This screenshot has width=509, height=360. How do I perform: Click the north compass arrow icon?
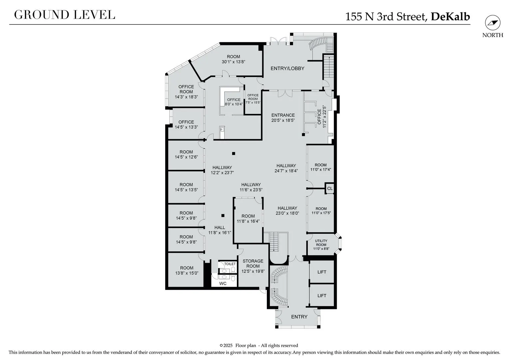[x=493, y=23]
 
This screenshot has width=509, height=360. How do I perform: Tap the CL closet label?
[x=330, y=189]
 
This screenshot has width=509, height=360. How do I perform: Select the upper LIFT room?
[x=322, y=272]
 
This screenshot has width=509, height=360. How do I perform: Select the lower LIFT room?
[x=322, y=295]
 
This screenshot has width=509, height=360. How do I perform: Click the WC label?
[x=223, y=284]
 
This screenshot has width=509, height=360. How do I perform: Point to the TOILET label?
[x=230, y=264]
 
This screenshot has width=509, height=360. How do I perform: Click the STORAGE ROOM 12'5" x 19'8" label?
[x=253, y=266]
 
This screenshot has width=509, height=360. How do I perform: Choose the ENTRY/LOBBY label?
[x=287, y=68]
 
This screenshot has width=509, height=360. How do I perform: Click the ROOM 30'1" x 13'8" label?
[x=234, y=59]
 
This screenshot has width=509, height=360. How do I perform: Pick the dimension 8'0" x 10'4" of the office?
[x=234, y=104]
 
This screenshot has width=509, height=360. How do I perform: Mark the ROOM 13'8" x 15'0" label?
[x=187, y=270]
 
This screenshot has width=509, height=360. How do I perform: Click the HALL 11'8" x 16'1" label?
[x=220, y=230]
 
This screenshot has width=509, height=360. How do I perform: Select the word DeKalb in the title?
[x=450, y=17]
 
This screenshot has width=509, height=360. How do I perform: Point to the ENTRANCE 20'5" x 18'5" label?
[x=283, y=118]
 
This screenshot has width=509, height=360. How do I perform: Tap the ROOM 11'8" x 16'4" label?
[x=248, y=219]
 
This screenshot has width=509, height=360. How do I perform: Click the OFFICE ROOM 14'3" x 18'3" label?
[x=186, y=92]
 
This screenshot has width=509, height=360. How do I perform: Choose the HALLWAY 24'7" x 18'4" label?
[x=286, y=168]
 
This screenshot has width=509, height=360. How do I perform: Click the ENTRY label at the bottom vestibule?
[x=299, y=317]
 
